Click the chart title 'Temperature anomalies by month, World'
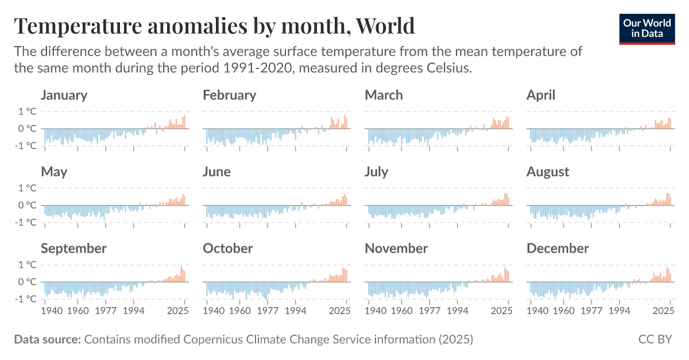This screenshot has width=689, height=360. (214, 26)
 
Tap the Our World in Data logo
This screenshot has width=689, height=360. (647, 28)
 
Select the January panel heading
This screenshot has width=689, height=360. (64, 95)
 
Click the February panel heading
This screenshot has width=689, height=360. (229, 95)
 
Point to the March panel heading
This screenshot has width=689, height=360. (384, 95)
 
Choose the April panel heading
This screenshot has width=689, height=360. (541, 95)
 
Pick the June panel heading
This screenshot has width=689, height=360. (216, 172)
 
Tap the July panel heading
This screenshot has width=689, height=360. (376, 172)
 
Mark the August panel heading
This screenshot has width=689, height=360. (548, 172)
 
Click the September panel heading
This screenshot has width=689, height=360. (73, 249)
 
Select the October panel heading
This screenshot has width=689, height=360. (227, 249)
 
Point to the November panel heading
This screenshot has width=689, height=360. (396, 249)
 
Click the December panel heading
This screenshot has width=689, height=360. (558, 249)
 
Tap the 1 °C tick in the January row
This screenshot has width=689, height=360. (27, 111)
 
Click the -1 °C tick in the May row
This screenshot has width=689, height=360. (26, 222)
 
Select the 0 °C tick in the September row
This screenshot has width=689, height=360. (27, 282)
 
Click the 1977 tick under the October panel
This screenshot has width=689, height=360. (268, 311)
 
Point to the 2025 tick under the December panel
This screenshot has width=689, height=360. (663, 311)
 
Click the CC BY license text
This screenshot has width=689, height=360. (655, 339)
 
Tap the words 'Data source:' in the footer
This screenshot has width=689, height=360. (47, 339)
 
